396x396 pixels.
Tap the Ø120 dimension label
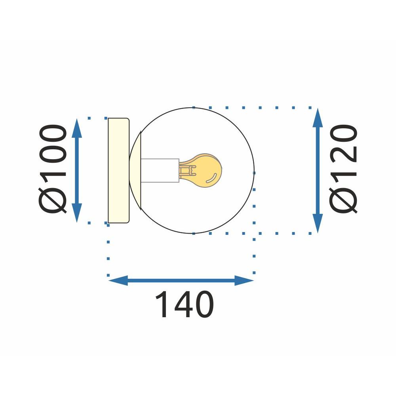tap(344, 169)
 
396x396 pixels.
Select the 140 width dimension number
tap(185, 305)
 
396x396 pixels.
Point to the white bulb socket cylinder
tap(160, 170)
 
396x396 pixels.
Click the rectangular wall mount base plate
tap(118, 170)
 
